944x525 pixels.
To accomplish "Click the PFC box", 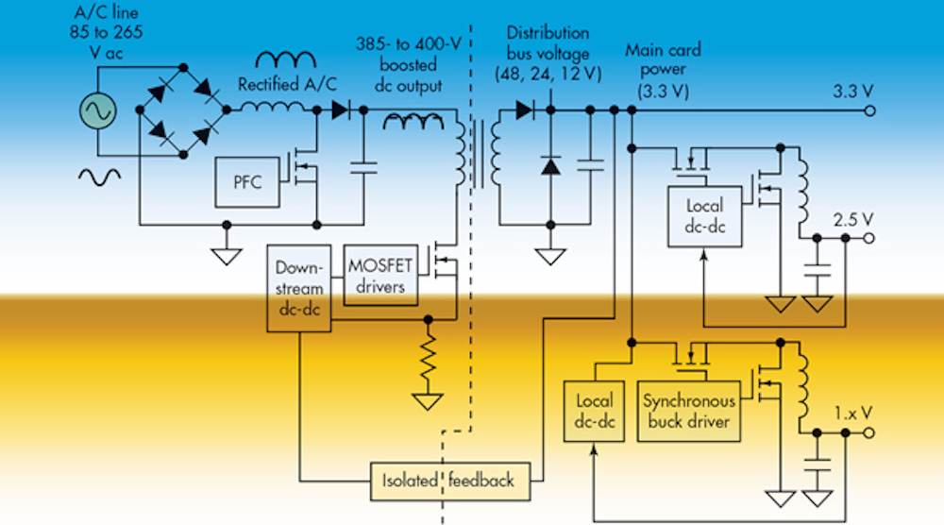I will click(247, 178).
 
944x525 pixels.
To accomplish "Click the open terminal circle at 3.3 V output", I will click(869, 111).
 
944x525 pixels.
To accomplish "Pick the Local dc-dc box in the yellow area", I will click(592, 411).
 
